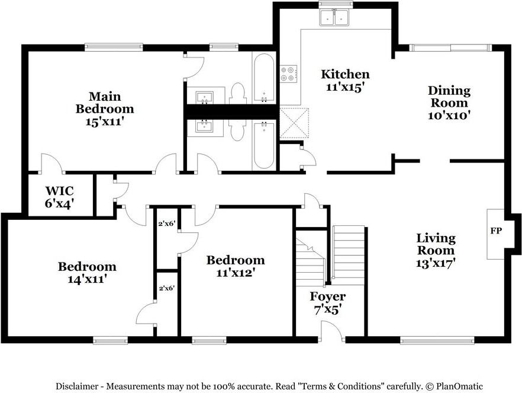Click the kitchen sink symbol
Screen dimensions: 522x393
[x=334, y=18]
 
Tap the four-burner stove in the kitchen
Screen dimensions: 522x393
[x=288, y=74]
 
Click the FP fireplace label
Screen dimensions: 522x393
[x=496, y=231]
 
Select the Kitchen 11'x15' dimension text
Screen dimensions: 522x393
[x=344, y=87]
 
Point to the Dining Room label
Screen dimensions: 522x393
[x=449, y=97]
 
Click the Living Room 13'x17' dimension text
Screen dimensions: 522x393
[x=436, y=263]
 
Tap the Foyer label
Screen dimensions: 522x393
[x=328, y=296]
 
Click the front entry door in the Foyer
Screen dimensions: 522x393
[x=331, y=331]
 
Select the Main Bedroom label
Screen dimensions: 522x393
[x=105, y=103]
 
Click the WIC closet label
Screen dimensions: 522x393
[x=59, y=191]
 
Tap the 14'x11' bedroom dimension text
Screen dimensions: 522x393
[x=87, y=279]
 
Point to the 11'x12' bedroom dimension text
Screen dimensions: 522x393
[x=236, y=273]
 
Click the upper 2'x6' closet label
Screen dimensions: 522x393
[x=166, y=223]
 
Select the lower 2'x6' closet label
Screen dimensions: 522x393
[x=166, y=288]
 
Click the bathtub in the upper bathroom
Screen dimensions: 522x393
[x=264, y=78]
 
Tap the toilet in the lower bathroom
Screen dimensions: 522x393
[x=237, y=129]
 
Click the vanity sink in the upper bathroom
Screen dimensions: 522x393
[x=204, y=97]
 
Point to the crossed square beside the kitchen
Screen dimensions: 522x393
[x=294, y=123]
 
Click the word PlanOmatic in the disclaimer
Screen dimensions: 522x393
[x=459, y=386]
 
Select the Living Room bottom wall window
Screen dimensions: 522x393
[x=437, y=340]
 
